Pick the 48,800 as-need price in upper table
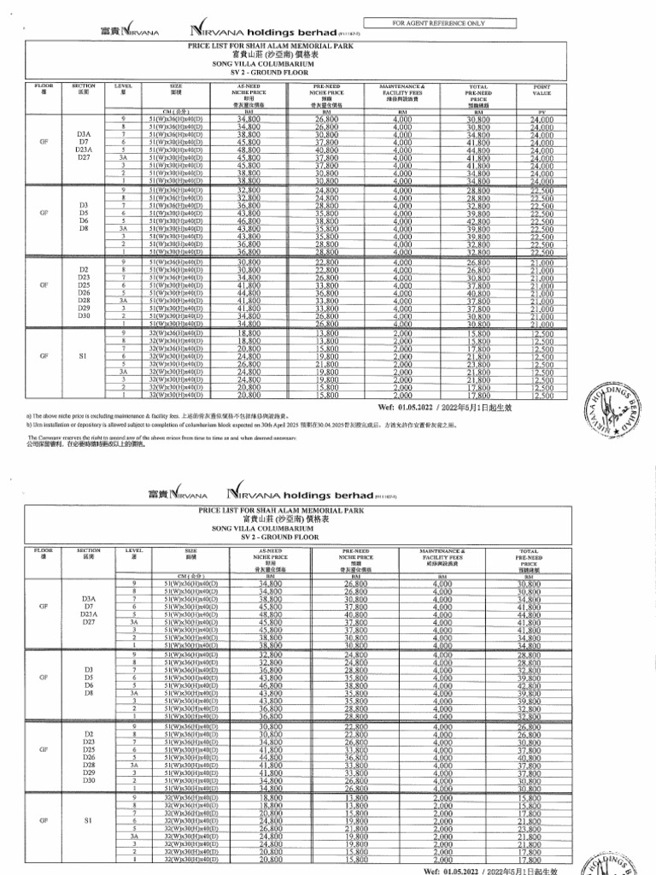(249, 150)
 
